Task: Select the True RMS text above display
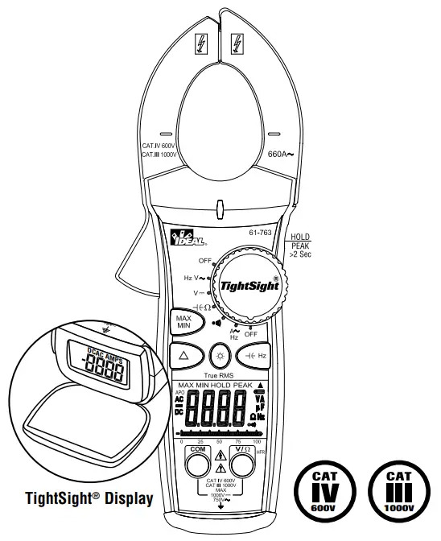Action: click(218, 376)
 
